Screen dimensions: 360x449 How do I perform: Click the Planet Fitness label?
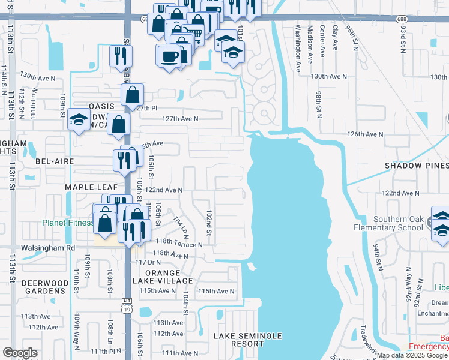(x=67, y=223)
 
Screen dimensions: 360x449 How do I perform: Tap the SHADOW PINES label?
(x=416, y=166)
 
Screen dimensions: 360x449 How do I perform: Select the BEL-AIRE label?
(x=54, y=162)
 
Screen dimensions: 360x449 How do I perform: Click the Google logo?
(x=20, y=353)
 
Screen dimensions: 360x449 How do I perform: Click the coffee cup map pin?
(x=169, y=56)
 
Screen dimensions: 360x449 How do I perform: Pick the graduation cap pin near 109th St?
(x=79, y=120)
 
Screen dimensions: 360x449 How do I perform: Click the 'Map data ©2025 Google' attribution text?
(x=412, y=355)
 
